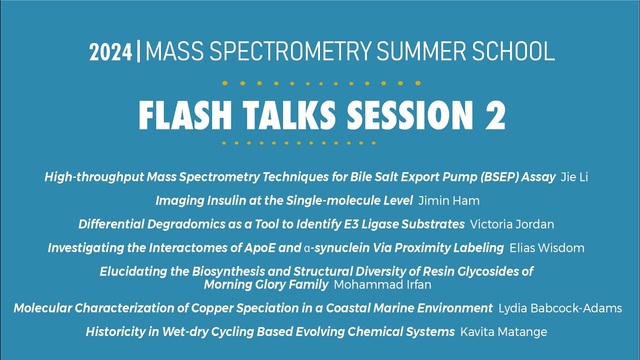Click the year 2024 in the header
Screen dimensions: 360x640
(111, 52)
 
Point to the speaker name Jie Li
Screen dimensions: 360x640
(574, 177)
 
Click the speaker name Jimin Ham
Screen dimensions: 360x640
(448, 201)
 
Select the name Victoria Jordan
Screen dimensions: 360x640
(512, 224)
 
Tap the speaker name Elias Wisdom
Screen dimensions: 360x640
(547, 248)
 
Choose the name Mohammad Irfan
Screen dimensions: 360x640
(382, 285)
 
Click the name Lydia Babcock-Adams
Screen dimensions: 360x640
(560, 308)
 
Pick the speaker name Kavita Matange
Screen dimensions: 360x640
(504, 332)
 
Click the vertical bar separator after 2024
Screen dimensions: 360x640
(138, 52)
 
